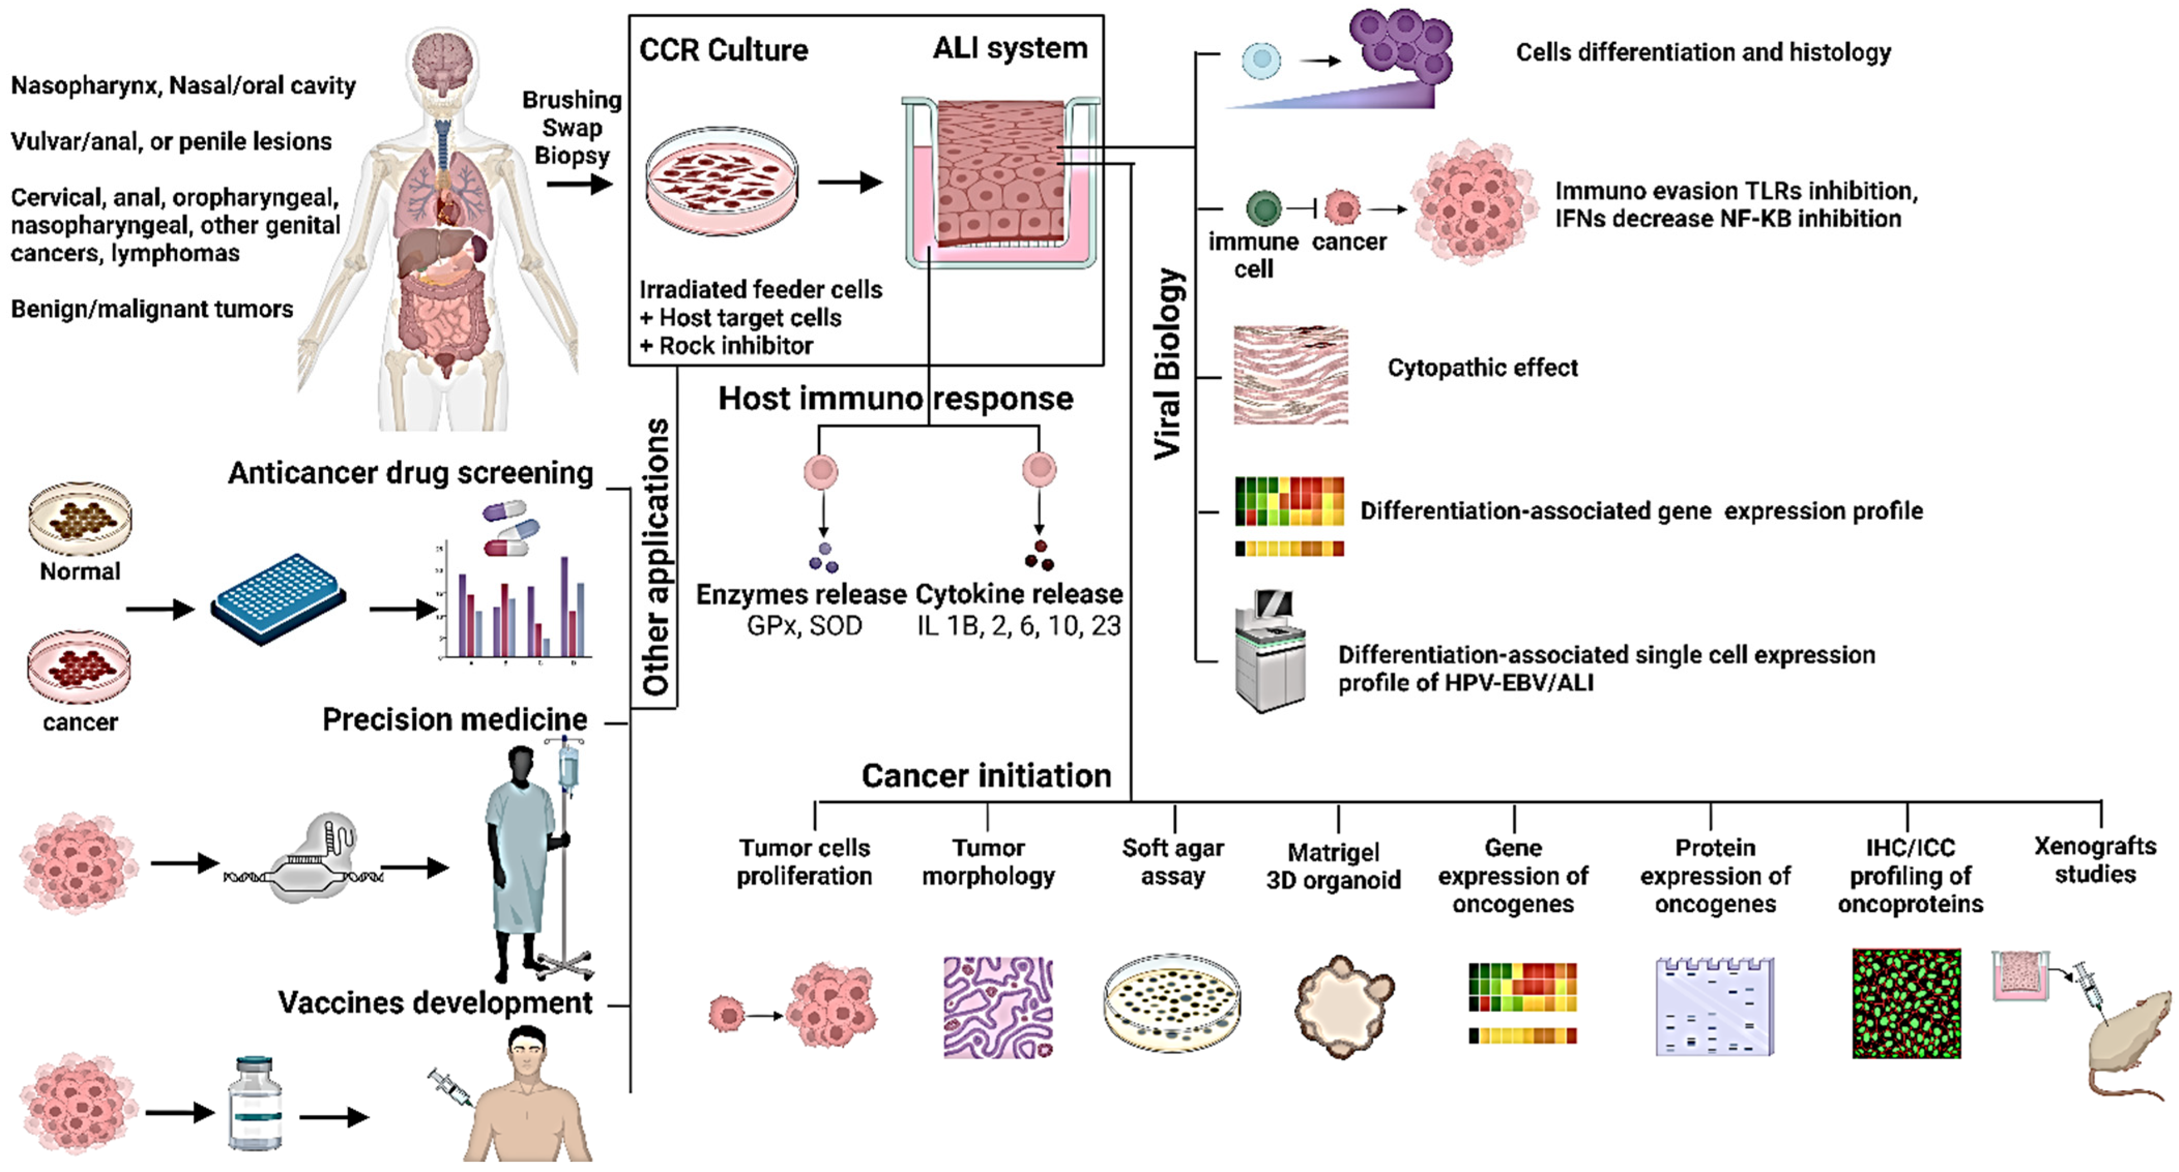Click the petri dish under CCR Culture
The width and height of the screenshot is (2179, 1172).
722,180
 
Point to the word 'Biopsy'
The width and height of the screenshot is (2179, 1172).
572,156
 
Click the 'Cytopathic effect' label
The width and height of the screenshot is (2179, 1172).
1482,368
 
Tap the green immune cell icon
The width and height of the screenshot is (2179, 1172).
1264,207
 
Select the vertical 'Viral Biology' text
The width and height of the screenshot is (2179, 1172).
1168,363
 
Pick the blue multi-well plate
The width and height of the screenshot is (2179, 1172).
277,599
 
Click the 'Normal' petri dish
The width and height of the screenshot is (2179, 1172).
80,518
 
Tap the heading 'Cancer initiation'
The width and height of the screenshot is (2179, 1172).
986,775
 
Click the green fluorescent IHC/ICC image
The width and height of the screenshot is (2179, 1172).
1906,1004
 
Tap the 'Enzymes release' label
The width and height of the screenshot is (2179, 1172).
800,594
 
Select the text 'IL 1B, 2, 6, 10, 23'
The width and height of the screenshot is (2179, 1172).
1018,626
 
